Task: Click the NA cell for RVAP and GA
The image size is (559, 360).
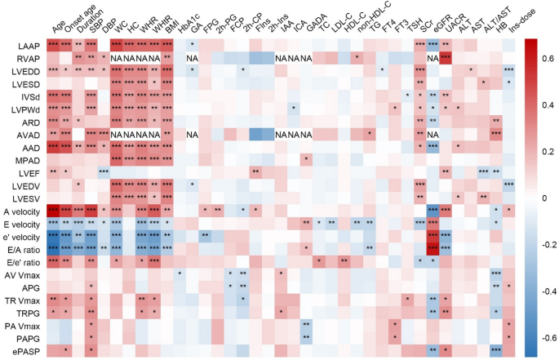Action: pyautogui.click(x=192, y=58)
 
